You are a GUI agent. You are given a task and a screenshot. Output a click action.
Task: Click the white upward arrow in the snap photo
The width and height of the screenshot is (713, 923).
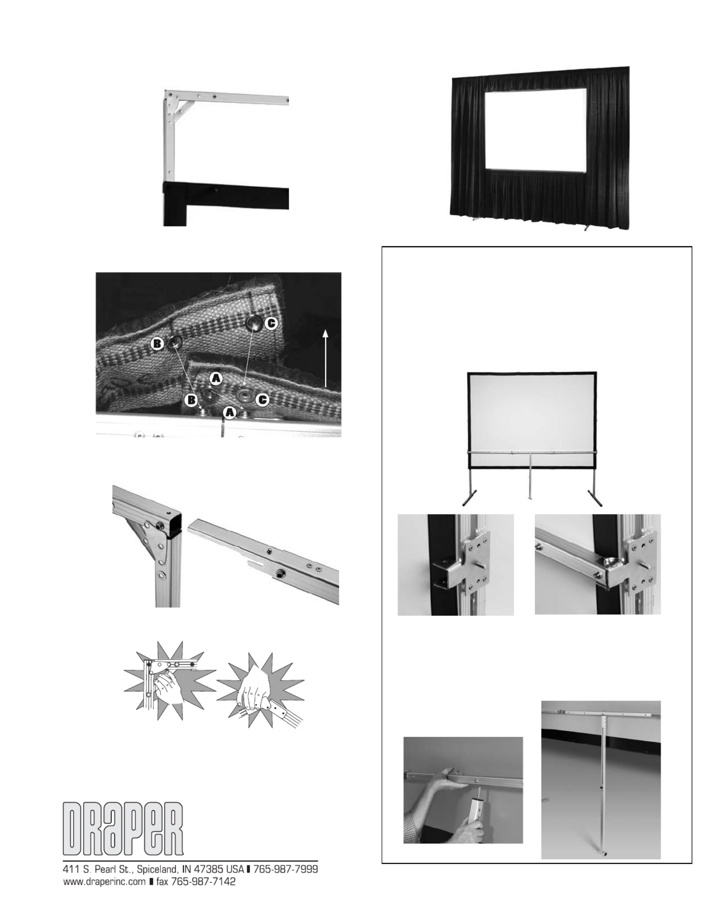(x=326, y=358)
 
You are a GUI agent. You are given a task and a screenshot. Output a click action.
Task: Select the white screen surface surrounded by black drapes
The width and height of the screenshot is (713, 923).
(x=536, y=130)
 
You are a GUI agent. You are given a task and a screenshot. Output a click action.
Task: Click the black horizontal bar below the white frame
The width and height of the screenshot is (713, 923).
(x=226, y=197)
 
